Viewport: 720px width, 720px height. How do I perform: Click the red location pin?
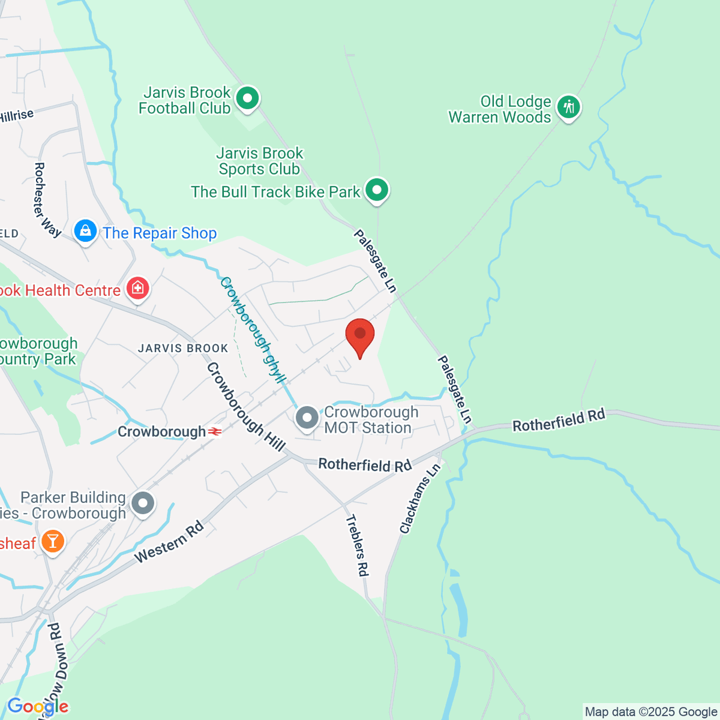360,335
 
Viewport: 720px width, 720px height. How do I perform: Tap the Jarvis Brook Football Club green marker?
247,98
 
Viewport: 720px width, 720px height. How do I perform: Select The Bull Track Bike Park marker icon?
377,190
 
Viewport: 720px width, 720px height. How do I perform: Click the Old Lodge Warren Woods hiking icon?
568,108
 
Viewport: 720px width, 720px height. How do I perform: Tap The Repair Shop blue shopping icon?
85,231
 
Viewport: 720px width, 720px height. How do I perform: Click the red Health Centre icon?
137,289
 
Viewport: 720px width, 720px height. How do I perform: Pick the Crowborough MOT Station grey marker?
307,418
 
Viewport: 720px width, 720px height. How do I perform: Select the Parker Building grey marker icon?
143,503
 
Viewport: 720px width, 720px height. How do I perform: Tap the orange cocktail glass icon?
52,542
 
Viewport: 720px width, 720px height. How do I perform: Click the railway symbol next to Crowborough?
215,431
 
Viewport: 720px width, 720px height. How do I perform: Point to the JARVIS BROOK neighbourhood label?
183,348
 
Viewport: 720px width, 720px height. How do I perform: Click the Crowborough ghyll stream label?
252,329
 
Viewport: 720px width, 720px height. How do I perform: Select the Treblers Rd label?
356,545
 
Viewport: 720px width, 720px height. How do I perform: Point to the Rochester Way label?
47,199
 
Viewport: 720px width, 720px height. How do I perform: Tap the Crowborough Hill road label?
245,407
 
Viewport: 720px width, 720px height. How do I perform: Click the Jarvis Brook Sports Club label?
259,161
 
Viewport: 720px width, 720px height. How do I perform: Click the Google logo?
37,706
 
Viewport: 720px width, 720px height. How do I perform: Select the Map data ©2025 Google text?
650,712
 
